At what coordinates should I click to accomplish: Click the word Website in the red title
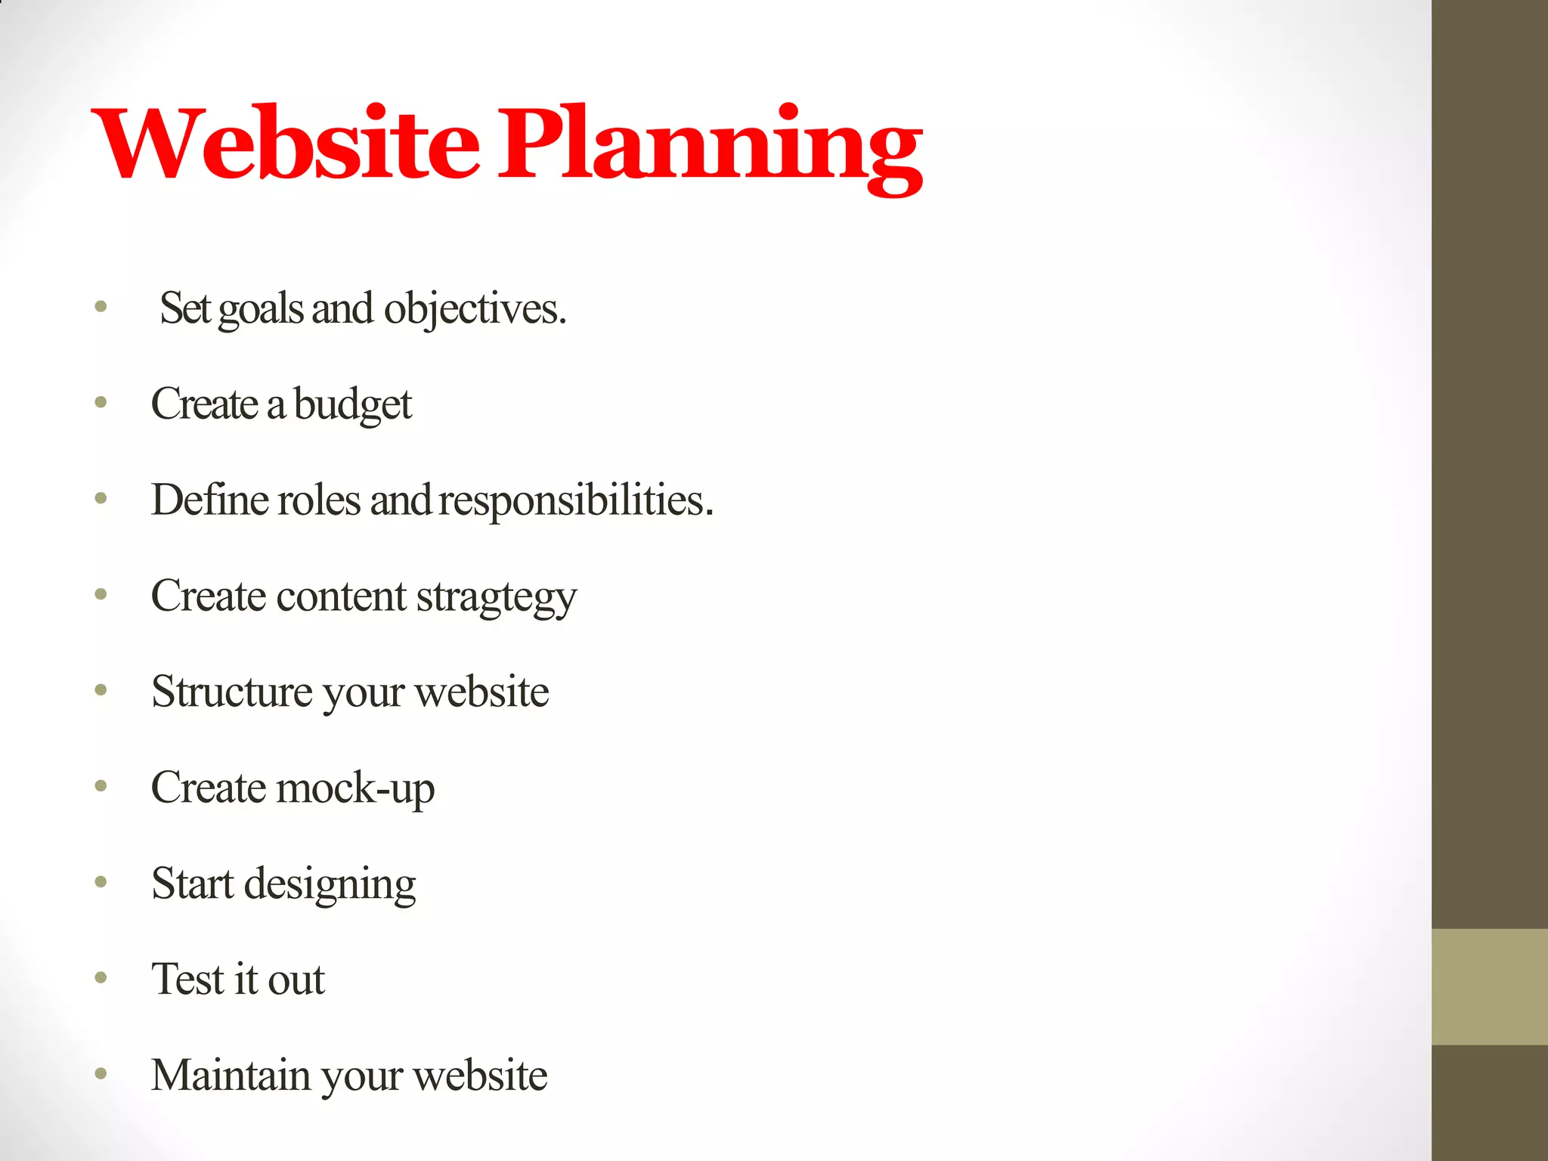tap(286, 144)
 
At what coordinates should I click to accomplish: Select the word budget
tap(352, 404)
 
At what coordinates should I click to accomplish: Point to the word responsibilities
tap(576, 500)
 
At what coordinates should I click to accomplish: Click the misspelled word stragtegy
tap(497, 597)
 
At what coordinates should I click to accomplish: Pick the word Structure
tap(232, 692)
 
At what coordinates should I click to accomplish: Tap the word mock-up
tap(355, 788)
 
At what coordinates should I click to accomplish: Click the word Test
tap(188, 979)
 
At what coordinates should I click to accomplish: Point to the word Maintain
tap(231, 1075)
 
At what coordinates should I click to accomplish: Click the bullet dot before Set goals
tap(101, 307)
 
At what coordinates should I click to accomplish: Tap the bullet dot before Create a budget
tap(101, 402)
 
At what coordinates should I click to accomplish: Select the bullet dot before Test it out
tap(101, 978)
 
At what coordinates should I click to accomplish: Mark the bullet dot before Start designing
tap(101, 882)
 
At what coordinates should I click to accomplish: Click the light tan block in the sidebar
tap(1489, 986)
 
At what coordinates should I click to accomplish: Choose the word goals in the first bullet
tap(260, 310)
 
